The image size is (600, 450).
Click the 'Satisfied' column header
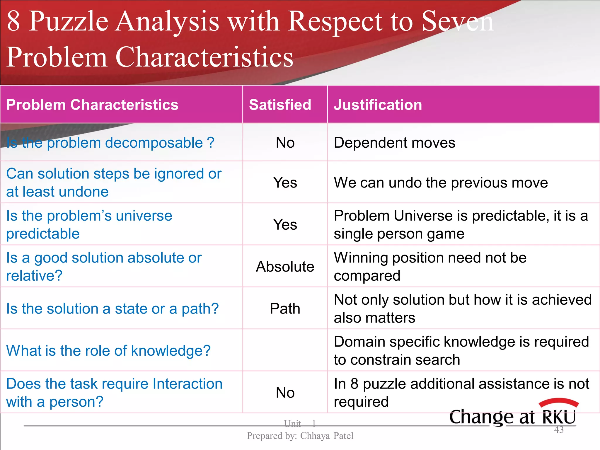coord(280,105)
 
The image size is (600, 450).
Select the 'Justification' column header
coord(378,105)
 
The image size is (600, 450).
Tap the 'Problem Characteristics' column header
coord(92,105)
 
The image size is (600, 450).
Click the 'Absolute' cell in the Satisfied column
coord(285,267)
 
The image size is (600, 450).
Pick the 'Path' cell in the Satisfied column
coord(285,309)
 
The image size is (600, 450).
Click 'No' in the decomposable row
coord(285,143)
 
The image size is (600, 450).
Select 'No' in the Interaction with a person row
coord(285,393)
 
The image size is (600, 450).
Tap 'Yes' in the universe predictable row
coord(285,225)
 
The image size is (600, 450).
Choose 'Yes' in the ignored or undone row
coord(285,183)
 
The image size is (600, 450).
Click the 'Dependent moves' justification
coord(394,143)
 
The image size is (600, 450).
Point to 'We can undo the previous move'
coord(441,183)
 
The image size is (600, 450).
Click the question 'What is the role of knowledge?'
coord(108,351)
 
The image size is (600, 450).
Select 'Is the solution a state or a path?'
coord(112,309)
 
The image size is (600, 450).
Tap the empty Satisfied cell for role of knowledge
coord(285,350)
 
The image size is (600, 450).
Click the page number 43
coord(559,430)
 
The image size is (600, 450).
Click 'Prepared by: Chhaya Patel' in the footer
coord(300,436)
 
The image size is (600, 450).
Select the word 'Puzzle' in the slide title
coord(69,21)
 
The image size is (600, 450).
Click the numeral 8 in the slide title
coord(13,21)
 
